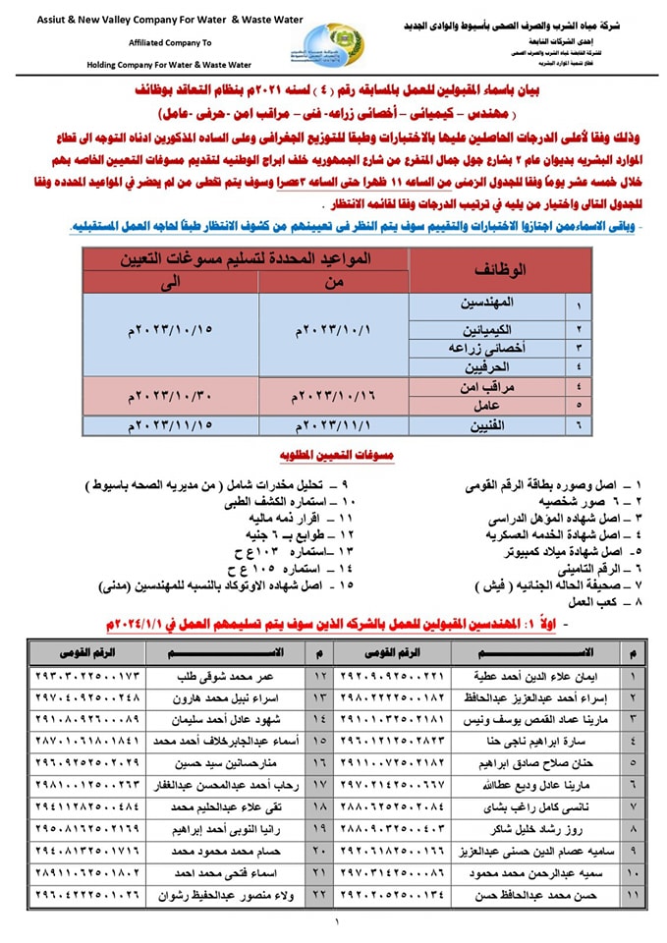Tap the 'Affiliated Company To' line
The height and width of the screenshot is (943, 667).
tap(173, 43)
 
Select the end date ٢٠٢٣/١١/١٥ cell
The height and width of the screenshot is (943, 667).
tap(171, 424)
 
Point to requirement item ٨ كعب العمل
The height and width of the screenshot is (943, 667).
tap(610, 601)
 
